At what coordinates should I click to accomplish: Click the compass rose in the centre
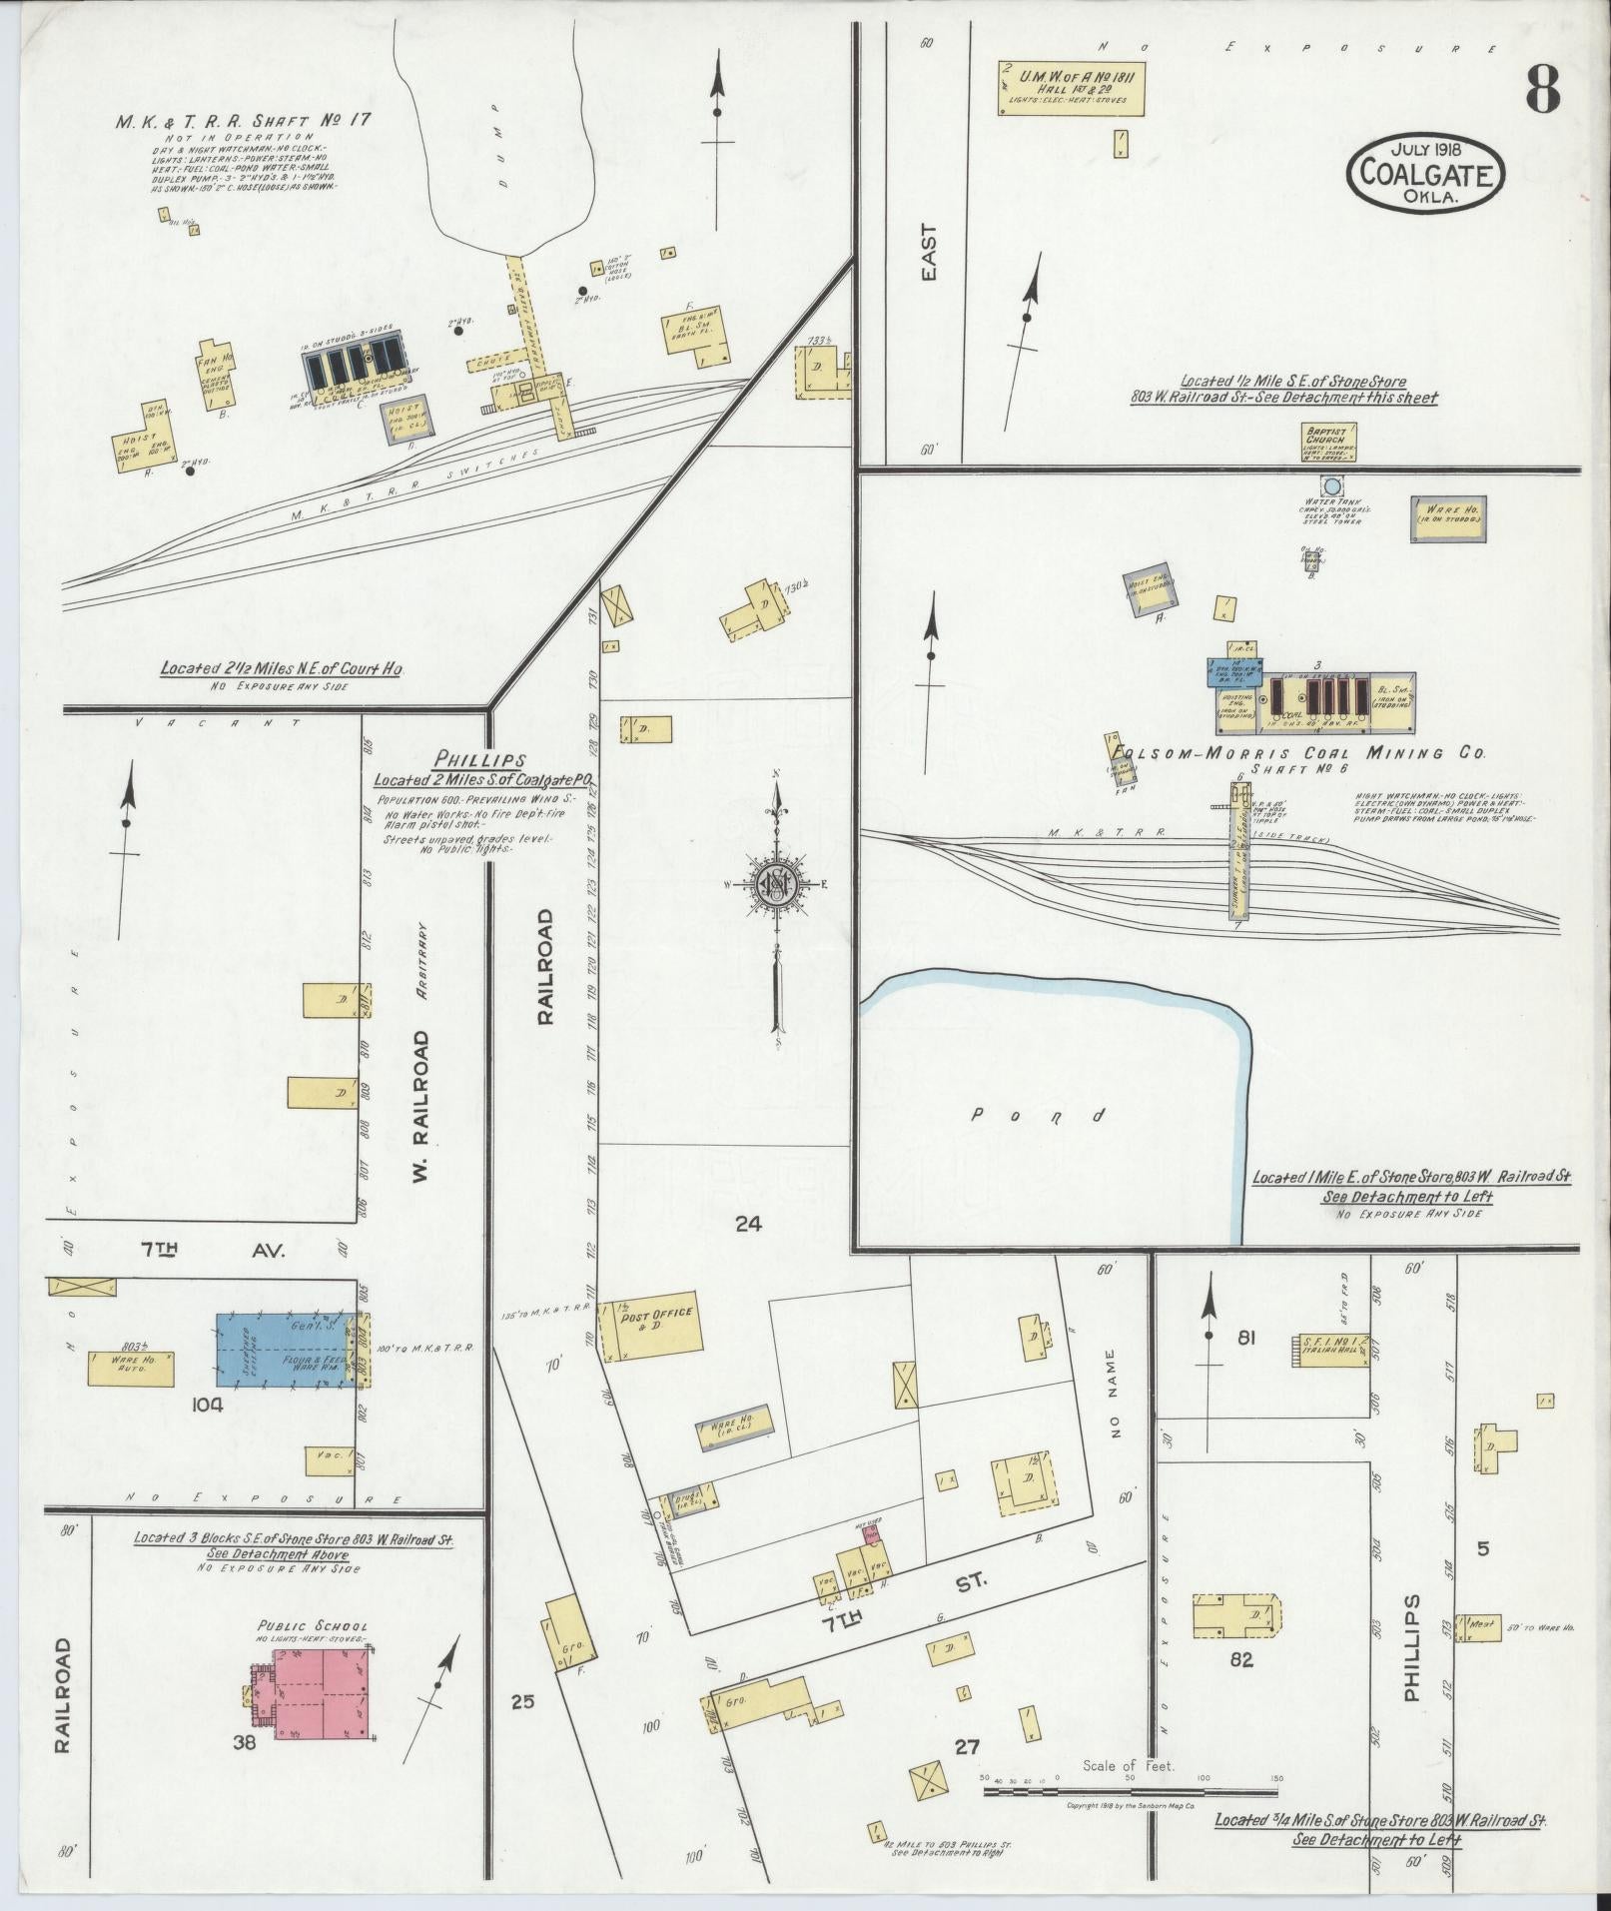click(775, 882)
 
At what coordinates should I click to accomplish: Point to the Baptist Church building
click(1327, 443)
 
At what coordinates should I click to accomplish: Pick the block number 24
click(748, 1222)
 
